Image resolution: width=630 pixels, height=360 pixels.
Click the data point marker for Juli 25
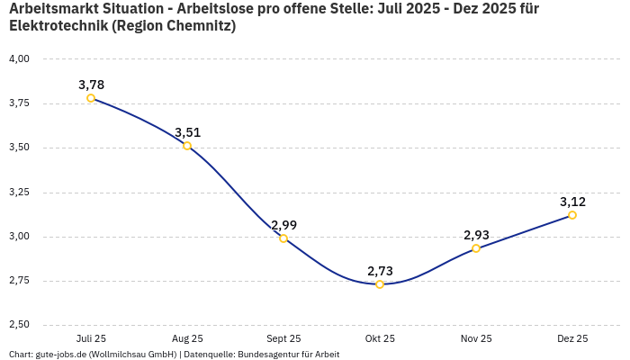tap(91, 98)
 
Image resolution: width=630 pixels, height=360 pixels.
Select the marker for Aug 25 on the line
tap(187, 146)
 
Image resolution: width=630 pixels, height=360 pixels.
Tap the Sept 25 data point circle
tap(283, 238)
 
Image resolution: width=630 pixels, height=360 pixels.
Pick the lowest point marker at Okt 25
tap(380, 284)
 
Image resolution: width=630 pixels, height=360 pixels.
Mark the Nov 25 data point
tap(476, 248)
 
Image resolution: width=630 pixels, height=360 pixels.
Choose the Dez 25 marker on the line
tap(572, 215)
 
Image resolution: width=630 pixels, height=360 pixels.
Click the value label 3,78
tap(91, 85)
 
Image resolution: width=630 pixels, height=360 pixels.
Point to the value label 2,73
tap(380, 271)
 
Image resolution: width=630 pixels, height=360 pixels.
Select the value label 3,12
tap(572, 202)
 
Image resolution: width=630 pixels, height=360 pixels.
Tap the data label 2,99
tap(283, 225)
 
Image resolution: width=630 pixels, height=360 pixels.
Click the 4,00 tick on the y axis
tap(19, 59)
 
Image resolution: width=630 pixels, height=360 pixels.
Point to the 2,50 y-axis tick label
tap(19, 325)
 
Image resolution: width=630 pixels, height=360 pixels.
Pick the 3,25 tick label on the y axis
tap(19, 193)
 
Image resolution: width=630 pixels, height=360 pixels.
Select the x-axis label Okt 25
tap(380, 338)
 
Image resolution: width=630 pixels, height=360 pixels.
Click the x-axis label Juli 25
tap(91, 338)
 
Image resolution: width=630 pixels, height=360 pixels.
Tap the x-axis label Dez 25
tap(572, 338)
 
